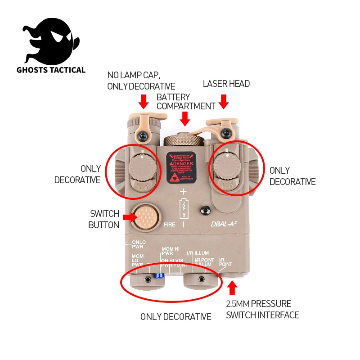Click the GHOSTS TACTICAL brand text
51,70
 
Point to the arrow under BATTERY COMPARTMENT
184,119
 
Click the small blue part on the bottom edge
158,276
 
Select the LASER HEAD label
226,84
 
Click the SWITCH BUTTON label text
104,219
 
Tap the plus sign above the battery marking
183,192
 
